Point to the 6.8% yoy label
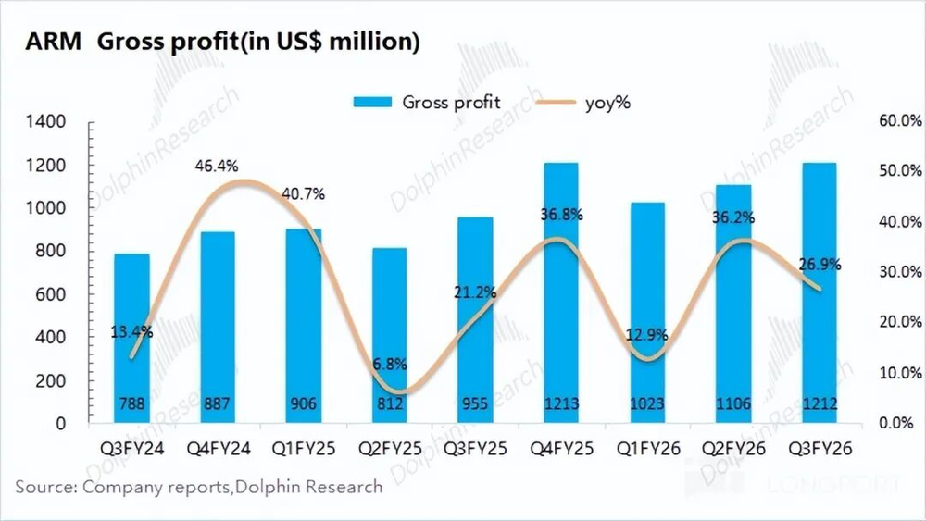point(388,363)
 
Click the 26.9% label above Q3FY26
point(820,264)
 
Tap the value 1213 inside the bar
point(561,403)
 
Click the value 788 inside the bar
point(131,403)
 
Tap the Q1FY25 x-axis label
point(303,449)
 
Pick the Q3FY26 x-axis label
point(820,449)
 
